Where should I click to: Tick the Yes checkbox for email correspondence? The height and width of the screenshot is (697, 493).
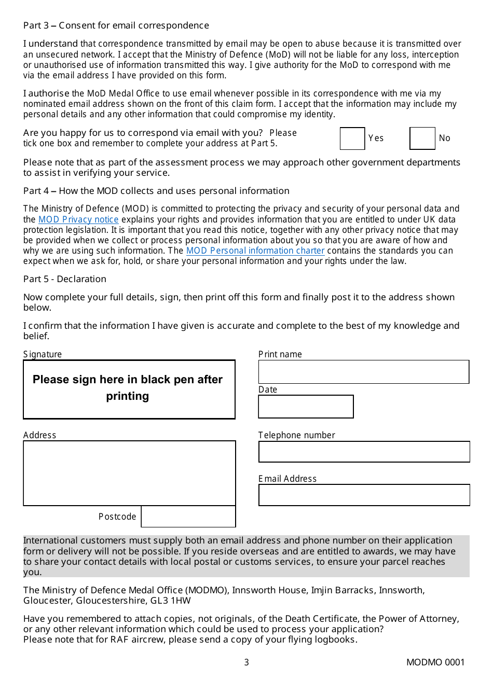coord(352,138)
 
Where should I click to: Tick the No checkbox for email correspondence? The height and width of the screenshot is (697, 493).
coord(422,138)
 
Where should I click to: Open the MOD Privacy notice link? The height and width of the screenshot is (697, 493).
coord(78,219)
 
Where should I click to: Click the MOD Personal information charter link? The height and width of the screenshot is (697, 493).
coord(255,250)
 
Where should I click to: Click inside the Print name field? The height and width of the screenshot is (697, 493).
coord(363,372)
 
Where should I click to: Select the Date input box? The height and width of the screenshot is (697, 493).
coord(306,407)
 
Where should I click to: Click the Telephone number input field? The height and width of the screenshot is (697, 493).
coord(364,452)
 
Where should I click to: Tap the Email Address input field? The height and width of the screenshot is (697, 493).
coord(364,495)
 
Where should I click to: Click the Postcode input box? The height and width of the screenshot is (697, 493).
coord(188,517)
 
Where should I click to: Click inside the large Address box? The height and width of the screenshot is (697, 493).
coord(129,473)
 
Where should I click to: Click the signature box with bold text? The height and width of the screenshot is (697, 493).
coord(129,389)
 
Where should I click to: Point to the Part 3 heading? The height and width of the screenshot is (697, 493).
coord(116,25)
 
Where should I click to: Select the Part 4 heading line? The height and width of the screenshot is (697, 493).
coord(156,191)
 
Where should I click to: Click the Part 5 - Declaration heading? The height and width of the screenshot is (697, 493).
coord(65,279)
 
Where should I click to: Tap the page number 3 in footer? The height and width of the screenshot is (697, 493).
coord(246,662)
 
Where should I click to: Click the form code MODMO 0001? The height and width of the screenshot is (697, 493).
coord(435,662)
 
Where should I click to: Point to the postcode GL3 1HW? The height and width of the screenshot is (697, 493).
coord(173,601)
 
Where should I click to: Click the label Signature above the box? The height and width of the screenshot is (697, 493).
coord(43,354)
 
